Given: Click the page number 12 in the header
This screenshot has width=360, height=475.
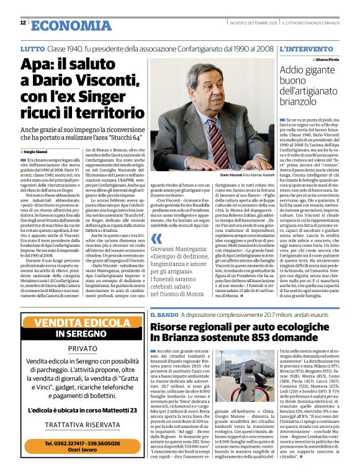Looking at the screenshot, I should point(23,23).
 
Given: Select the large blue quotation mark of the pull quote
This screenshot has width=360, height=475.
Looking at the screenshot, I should point(157,239).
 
